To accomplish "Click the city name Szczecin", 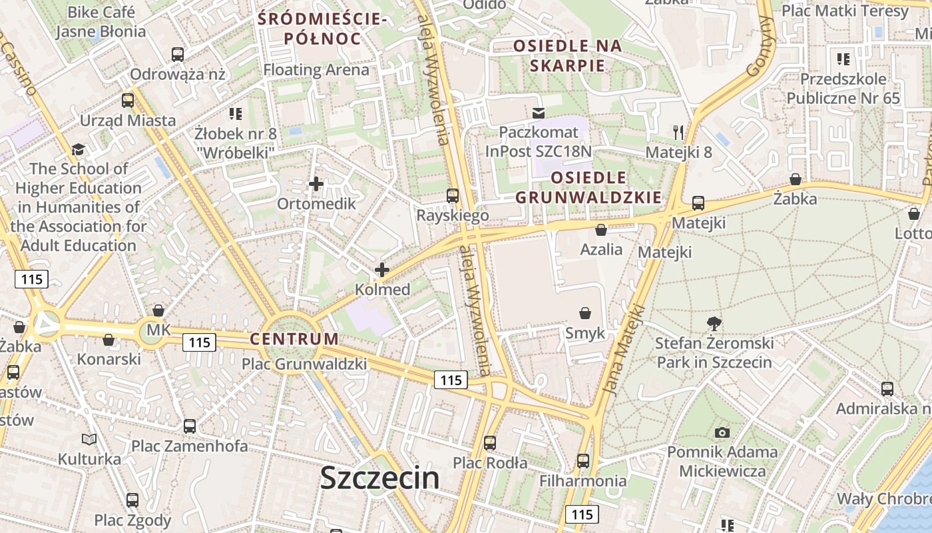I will [x=379, y=478].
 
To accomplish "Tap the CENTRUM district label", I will [x=294, y=338].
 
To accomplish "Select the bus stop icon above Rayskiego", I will [x=453, y=195].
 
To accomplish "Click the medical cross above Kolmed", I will [x=382, y=270].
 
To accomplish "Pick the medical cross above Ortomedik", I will [x=316, y=183].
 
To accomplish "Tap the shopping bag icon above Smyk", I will [x=585, y=313].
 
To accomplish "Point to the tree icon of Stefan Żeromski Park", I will [x=714, y=324].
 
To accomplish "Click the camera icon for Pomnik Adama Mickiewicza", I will [x=722, y=432].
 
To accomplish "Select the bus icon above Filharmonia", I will [x=583, y=460].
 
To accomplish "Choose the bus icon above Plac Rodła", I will [x=490, y=442].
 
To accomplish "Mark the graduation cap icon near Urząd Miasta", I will [x=79, y=149].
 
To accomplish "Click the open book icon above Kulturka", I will [x=89, y=439].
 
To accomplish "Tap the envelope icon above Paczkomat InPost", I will [x=539, y=113].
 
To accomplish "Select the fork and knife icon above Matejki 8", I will [x=678, y=132].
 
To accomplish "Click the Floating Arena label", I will [x=316, y=69].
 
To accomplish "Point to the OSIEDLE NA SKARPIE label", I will [x=568, y=55].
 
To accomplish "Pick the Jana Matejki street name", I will [x=624, y=349].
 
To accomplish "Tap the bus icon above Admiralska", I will [x=887, y=388].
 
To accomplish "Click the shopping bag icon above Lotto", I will [x=914, y=214].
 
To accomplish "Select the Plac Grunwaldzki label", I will [x=304, y=364].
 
